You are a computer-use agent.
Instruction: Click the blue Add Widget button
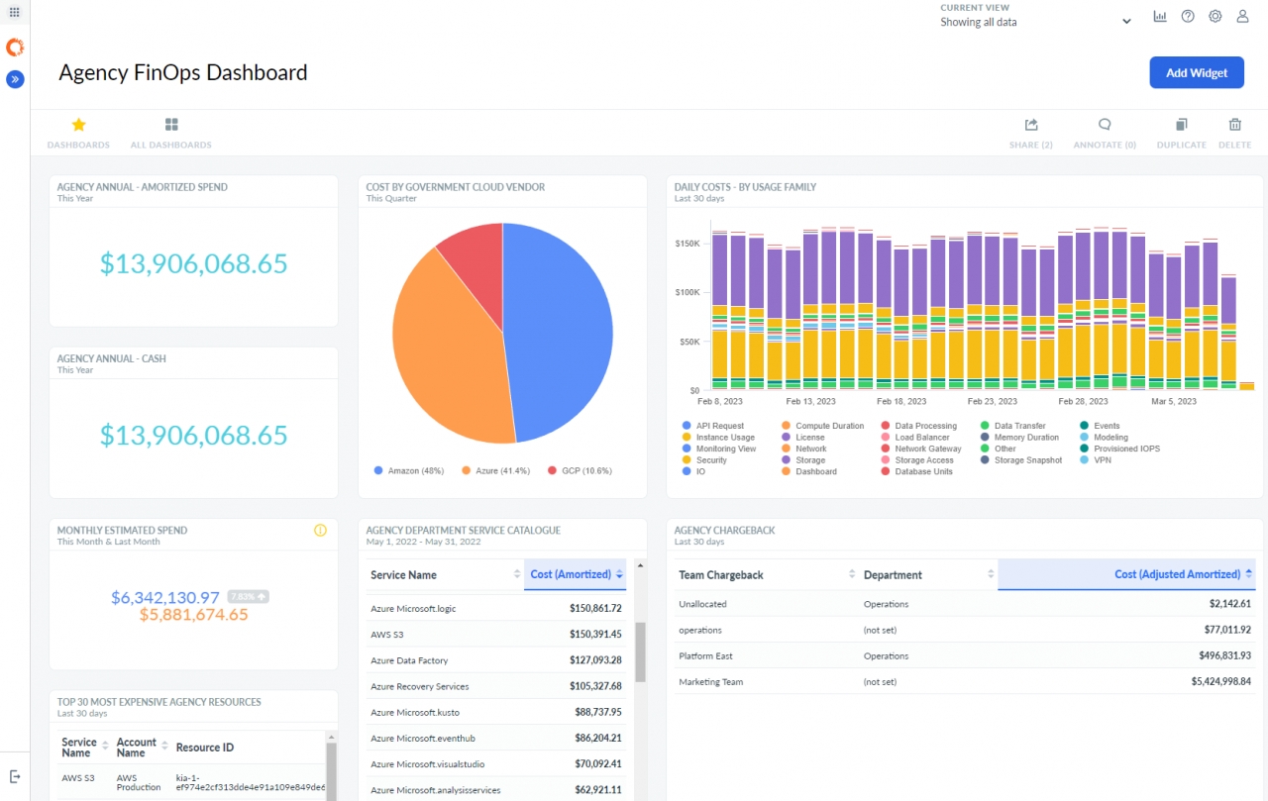(x=1196, y=72)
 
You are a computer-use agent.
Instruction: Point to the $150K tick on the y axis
(x=687, y=243)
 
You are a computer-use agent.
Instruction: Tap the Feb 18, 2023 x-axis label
(x=901, y=402)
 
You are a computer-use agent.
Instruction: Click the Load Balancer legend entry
(x=921, y=437)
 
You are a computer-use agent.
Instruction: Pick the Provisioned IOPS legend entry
(x=1126, y=449)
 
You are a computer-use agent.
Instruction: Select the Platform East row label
(x=705, y=655)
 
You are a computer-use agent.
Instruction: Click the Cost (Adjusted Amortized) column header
(x=1176, y=574)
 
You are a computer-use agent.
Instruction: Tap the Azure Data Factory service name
(x=409, y=660)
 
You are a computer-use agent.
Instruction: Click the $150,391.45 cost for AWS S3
(x=595, y=634)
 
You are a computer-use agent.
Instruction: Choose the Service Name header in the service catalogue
(x=403, y=575)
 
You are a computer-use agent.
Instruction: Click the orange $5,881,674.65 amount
(x=193, y=615)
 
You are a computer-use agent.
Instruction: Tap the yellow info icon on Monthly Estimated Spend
(x=320, y=531)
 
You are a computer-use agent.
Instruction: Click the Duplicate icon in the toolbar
(x=1181, y=125)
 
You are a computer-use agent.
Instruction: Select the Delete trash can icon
(x=1234, y=125)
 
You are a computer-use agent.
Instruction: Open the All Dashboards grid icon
(x=171, y=125)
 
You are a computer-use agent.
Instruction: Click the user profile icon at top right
(x=1242, y=17)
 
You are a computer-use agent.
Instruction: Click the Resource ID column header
(x=205, y=748)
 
